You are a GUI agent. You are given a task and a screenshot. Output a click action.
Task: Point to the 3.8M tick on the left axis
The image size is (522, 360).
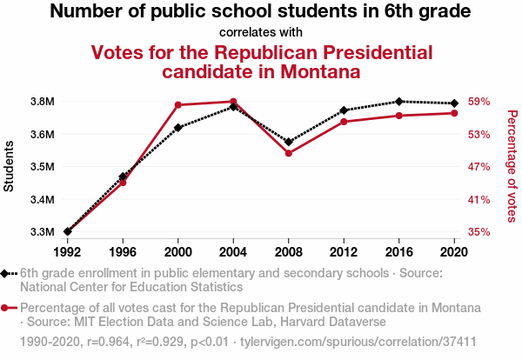pyautogui.click(x=43, y=102)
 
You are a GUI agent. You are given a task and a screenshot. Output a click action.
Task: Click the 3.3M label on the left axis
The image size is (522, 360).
pyautogui.click(x=43, y=232)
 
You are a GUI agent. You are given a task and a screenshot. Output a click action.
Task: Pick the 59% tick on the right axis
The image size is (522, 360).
pyautogui.click(x=479, y=102)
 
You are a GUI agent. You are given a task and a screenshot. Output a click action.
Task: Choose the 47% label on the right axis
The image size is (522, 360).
pyautogui.click(x=479, y=167)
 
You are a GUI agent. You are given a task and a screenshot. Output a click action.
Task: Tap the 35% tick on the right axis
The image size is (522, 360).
pyautogui.click(x=479, y=232)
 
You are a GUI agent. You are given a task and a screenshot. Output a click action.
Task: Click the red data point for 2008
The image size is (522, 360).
pyautogui.click(x=288, y=153)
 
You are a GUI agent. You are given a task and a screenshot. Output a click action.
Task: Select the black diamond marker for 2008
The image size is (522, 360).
pyautogui.click(x=288, y=142)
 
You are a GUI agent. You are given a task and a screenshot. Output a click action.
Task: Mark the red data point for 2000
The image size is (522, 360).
pyautogui.click(x=177, y=105)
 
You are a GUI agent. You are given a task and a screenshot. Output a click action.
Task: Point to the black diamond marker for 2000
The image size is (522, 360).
pyautogui.click(x=177, y=128)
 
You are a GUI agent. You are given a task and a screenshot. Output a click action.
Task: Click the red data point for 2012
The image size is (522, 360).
pyautogui.click(x=344, y=121)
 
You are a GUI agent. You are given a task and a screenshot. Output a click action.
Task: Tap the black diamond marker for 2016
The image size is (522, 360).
pyautogui.click(x=398, y=102)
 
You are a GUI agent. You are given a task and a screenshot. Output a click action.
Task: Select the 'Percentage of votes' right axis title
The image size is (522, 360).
pyautogui.click(x=512, y=165)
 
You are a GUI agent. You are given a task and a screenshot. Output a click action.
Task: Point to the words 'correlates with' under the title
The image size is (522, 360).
pyautogui.click(x=261, y=33)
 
